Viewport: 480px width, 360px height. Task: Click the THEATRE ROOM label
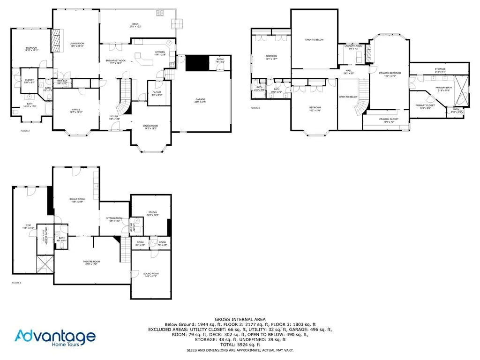pos(91,262)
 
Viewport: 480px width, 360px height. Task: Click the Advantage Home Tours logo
pos(55,337)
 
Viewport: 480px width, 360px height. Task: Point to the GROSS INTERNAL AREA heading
pos(240,319)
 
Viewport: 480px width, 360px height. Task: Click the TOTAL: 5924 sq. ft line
pos(240,345)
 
